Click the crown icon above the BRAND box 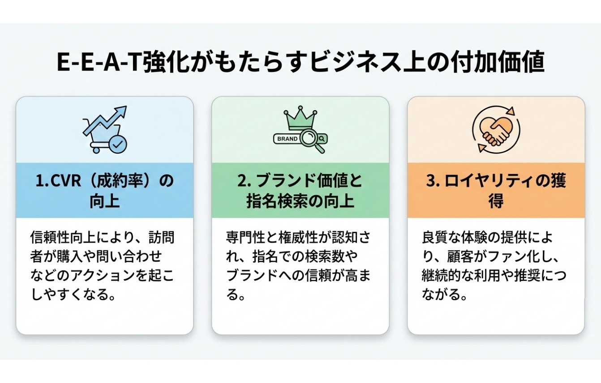click(x=300, y=119)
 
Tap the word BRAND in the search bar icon click(x=288, y=139)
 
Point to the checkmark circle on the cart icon click(x=118, y=145)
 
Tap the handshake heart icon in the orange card click(x=496, y=130)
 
